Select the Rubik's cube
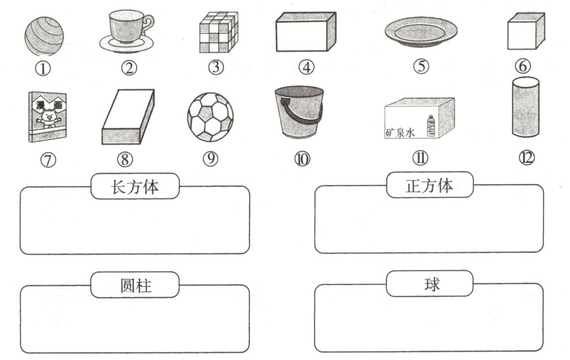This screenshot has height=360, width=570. (219, 33)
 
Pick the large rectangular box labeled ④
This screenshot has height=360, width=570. (305, 32)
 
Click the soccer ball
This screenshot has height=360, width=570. (210, 116)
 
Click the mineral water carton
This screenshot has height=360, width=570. (419, 118)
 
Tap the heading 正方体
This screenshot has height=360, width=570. (430, 185)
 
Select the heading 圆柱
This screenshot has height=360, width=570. (135, 285)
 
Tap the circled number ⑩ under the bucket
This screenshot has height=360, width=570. (301, 159)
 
